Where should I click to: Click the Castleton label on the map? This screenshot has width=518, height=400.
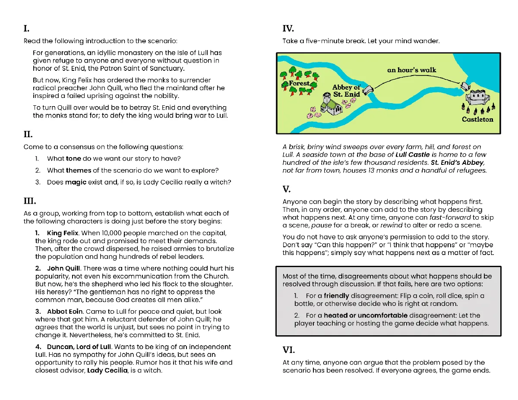[x=477, y=119]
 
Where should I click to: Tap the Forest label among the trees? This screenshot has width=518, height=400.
[x=299, y=83]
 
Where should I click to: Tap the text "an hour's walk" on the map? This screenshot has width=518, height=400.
[x=411, y=70]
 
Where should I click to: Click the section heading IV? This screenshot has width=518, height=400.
[x=288, y=29]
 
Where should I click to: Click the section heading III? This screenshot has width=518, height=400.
[x=29, y=201]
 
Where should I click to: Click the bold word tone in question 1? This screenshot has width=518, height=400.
[x=73, y=159]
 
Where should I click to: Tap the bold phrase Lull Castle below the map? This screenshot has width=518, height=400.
[x=412, y=154]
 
